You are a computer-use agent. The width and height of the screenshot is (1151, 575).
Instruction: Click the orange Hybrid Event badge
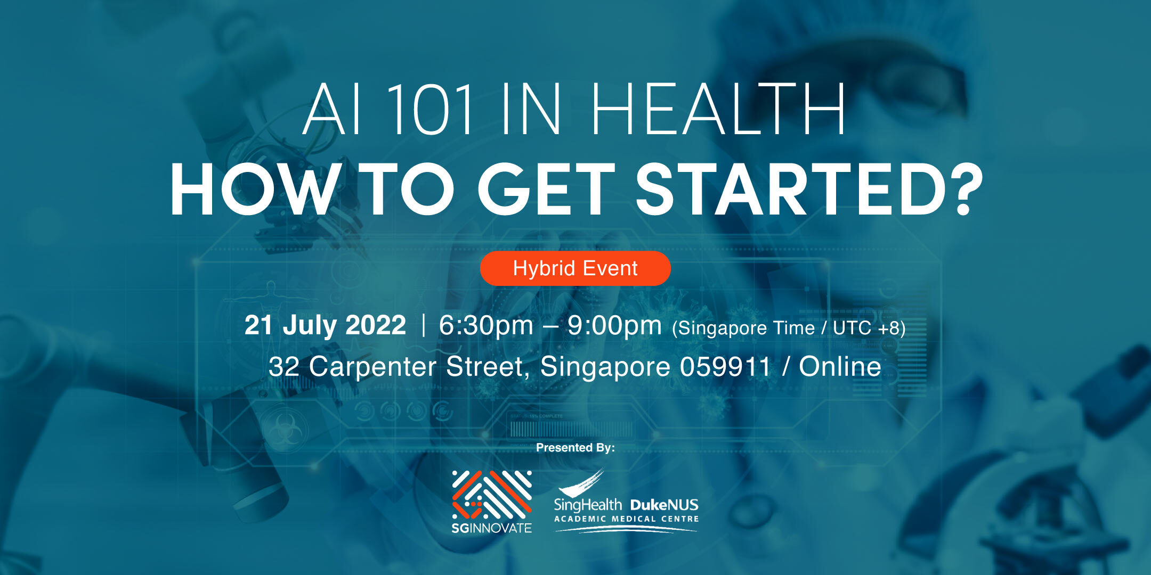[575, 268]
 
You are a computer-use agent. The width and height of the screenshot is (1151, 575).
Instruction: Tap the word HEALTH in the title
[718, 109]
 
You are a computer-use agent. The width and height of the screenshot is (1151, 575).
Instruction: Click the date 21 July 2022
[325, 325]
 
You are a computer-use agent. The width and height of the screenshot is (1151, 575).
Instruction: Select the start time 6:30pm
[486, 325]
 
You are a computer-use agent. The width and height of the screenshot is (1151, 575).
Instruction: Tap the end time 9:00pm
[614, 325]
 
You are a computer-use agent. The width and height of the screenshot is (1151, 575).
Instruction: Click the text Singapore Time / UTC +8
[789, 328]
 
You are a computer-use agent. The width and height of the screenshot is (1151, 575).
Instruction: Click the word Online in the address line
[840, 367]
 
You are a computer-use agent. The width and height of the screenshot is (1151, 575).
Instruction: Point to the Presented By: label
[575, 448]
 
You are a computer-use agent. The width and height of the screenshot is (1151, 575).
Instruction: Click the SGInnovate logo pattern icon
[492, 495]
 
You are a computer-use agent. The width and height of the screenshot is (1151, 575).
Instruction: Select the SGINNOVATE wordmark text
[491, 528]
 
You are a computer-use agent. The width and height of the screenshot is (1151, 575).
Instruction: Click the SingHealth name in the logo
[588, 505]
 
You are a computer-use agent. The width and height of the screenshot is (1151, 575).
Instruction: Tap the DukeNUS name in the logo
[664, 505]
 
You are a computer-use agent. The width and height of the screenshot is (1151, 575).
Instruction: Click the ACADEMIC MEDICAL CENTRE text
[627, 519]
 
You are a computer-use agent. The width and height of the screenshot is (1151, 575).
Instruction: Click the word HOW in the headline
[254, 190]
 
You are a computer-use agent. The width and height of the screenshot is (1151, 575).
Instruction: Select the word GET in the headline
[546, 190]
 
